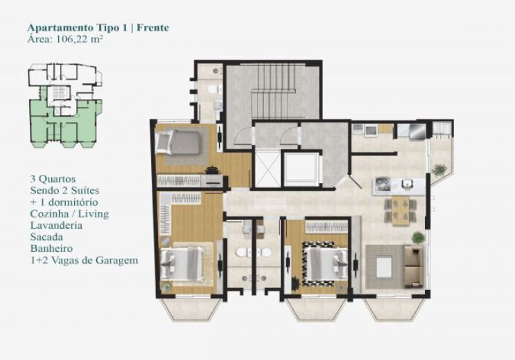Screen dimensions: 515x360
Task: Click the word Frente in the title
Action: (152, 28)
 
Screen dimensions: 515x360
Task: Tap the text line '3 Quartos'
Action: (53, 179)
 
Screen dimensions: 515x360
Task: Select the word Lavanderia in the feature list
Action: (56, 225)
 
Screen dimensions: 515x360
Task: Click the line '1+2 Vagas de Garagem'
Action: (84, 260)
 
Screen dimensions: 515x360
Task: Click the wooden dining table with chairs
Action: (401, 212)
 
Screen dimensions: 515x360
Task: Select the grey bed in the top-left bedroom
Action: (179, 142)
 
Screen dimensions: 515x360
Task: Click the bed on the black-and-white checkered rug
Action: (325, 263)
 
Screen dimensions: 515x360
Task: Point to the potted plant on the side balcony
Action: (439, 171)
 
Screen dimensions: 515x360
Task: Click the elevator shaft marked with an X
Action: (268, 170)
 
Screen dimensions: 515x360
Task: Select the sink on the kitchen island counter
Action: (408, 184)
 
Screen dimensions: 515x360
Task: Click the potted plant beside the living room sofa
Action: (418, 237)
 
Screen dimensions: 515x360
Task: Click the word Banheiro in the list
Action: (51, 248)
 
